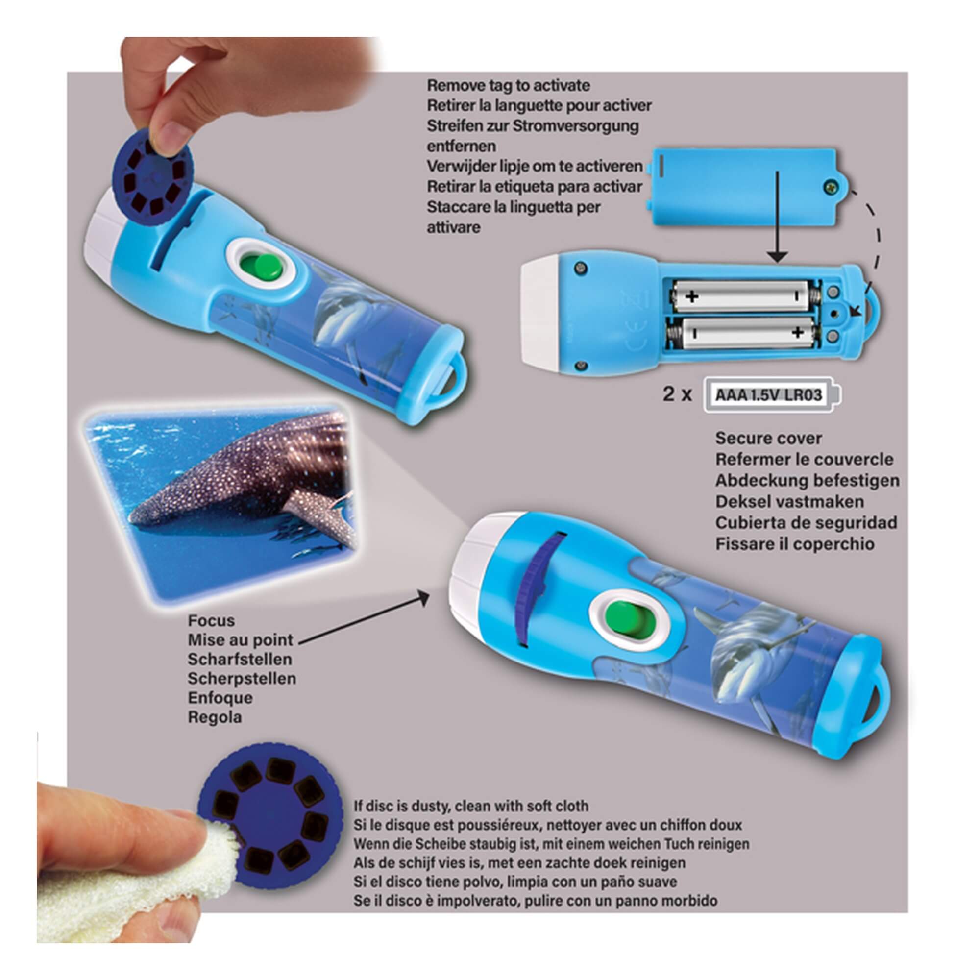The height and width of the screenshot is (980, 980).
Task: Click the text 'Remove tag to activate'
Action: [508, 85]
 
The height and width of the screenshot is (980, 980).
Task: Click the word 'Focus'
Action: [211, 620]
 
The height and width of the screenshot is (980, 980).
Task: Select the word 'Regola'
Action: [215, 717]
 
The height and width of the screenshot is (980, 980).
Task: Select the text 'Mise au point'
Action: [241, 640]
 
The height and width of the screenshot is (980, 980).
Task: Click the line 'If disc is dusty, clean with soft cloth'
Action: [471, 806]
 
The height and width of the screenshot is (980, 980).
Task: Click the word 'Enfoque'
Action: [220, 698]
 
